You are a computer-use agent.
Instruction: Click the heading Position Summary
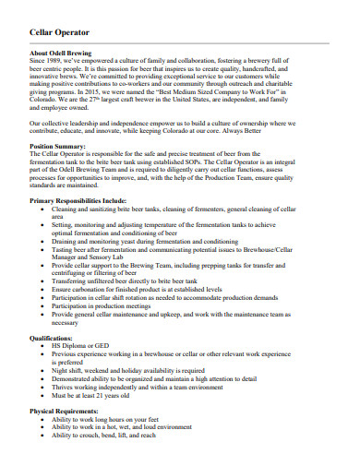(x=58, y=146)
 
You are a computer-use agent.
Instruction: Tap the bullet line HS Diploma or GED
(x=83, y=346)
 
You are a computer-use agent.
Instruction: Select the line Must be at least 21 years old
(x=104, y=395)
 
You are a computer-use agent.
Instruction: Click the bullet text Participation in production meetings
(x=114, y=305)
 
